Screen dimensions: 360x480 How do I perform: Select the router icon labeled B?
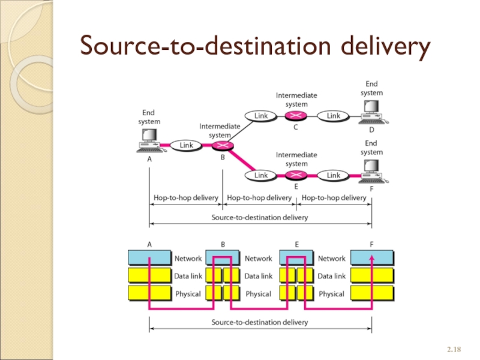[x=223, y=145]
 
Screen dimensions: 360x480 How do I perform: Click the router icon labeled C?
[x=296, y=115]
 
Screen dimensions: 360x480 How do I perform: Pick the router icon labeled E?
[x=296, y=175]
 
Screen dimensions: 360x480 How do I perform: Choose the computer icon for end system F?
[x=372, y=172]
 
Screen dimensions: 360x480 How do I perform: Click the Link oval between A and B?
[x=186, y=145]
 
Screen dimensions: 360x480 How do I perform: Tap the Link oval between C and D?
[x=334, y=115]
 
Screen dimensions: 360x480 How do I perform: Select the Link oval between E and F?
[x=334, y=175]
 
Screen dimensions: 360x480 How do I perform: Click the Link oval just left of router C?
[x=261, y=115]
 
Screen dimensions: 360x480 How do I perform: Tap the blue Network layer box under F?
[x=372, y=258]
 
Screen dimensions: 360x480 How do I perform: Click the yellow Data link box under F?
[x=372, y=276]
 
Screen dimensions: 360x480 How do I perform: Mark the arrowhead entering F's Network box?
[x=372, y=257]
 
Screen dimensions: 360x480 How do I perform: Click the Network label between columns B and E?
[x=259, y=259]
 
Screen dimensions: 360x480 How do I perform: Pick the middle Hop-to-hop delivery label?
[x=259, y=197]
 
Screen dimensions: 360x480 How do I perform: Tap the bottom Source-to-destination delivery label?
[x=260, y=322]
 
